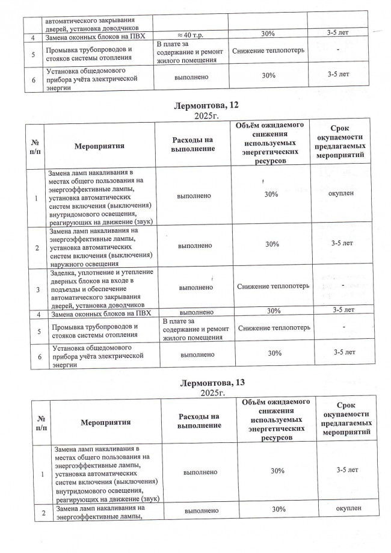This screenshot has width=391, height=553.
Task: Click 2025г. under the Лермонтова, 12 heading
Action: [202, 116]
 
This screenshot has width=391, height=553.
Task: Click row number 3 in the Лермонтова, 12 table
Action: [37, 288]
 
